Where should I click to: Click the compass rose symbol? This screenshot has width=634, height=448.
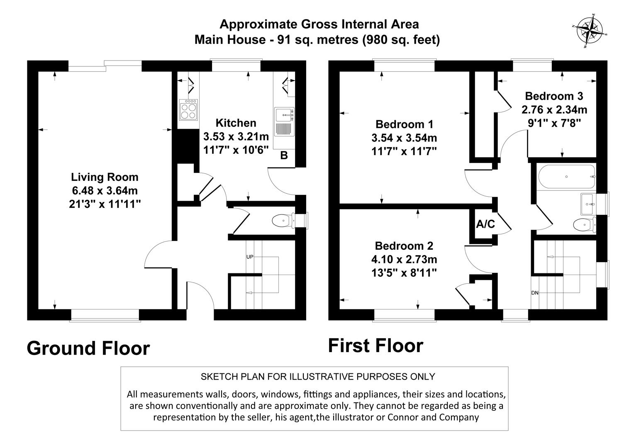click(x=590, y=32)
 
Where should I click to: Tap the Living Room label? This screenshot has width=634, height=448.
click(x=105, y=177)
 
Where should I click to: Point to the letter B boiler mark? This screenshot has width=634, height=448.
click(x=284, y=156)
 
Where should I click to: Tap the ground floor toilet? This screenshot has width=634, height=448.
click(x=284, y=221)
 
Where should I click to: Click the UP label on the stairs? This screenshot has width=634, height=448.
click(x=250, y=257)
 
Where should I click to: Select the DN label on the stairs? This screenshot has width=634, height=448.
click(x=535, y=293)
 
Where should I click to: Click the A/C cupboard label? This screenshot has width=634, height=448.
click(x=485, y=224)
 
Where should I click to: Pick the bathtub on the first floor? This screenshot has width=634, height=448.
click(x=566, y=177)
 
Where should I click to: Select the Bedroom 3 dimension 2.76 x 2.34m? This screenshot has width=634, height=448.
click(x=554, y=110)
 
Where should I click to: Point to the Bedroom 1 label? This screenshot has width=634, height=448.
click(x=404, y=124)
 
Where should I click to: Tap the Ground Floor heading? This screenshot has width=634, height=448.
click(x=88, y=348)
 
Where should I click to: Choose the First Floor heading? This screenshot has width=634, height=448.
click(x=376, y=346)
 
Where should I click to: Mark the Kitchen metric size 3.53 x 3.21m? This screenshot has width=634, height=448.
click(x=236, y=136)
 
